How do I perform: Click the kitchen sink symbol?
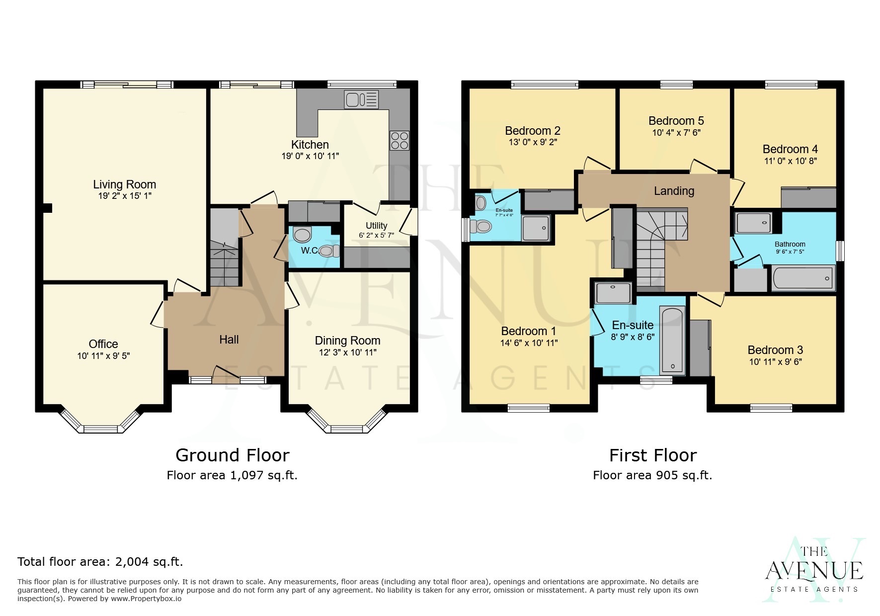361,99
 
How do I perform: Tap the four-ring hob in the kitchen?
400,140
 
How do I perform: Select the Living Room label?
124,184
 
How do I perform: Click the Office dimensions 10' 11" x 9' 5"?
103,356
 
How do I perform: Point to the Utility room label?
376,225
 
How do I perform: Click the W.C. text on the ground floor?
310,251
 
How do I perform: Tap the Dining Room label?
347,341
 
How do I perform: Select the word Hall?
229,340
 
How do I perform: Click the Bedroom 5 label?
676,121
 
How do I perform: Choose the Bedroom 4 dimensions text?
790,161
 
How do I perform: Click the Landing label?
674,191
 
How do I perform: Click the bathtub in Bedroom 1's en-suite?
672,341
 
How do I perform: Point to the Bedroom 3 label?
775,350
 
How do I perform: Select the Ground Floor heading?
232,455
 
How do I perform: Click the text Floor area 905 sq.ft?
652,475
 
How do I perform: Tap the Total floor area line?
100,562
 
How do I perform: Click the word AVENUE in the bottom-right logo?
814,571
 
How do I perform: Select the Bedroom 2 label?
533,131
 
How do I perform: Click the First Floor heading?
652,455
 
